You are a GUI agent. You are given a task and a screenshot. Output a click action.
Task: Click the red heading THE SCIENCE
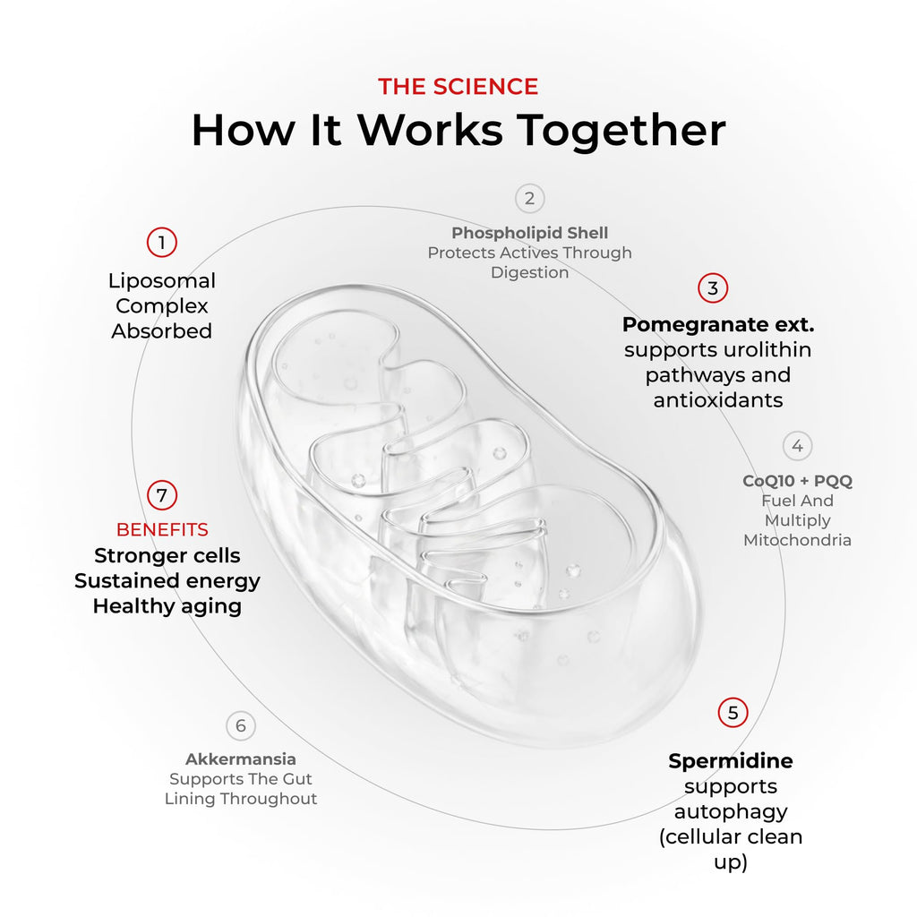coord(458,87)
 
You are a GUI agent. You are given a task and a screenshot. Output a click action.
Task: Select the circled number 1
coord(162,242)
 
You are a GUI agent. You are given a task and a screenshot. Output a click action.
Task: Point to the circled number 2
coord(529,198)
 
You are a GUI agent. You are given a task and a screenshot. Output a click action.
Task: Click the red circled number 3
coord(712,287)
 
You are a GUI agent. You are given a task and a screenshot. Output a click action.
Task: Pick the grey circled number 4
coord(797,446)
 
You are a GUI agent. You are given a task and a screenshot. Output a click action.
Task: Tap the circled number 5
coord(733,712)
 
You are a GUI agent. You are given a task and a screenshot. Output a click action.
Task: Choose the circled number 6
coord(240,725)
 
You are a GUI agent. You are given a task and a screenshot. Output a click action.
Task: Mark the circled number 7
coord(162,495)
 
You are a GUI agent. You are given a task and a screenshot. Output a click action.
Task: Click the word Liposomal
coord(162,280)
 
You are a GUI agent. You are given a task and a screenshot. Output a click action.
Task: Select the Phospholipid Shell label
coord(530,233)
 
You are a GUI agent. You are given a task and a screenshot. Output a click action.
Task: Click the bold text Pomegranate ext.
coord(718,324)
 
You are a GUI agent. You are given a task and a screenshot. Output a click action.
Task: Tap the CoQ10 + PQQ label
coord(797,481)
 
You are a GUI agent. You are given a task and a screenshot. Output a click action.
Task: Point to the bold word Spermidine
coord(731,761)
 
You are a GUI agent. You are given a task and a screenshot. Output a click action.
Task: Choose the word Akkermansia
coord(240,759)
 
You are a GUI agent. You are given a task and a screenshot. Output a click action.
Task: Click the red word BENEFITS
coord(162,530)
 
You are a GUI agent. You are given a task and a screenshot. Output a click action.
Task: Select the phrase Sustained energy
coord(167,581)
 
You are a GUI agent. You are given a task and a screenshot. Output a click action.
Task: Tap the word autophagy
coord(731,812)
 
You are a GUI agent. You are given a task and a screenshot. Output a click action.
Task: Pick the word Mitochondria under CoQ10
coord(797,540)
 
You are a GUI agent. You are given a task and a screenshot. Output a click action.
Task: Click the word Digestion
coord(530,273)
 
